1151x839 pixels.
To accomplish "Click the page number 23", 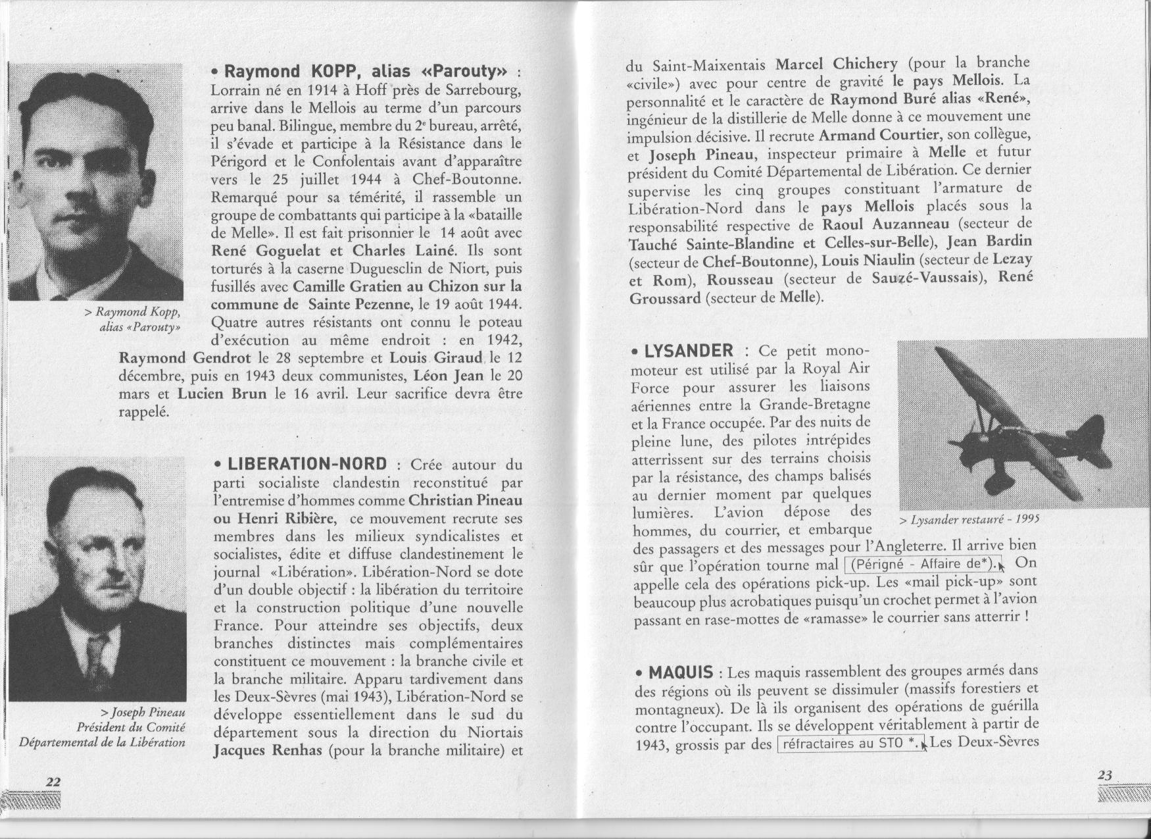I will coord(1105,776).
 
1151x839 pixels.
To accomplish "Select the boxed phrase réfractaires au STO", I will coord(850,744).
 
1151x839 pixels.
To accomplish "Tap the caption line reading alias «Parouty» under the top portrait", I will coord(139,328).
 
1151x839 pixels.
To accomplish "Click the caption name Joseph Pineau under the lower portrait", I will coord(143,713).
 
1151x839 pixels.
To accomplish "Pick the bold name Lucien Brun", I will coord(222,394).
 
